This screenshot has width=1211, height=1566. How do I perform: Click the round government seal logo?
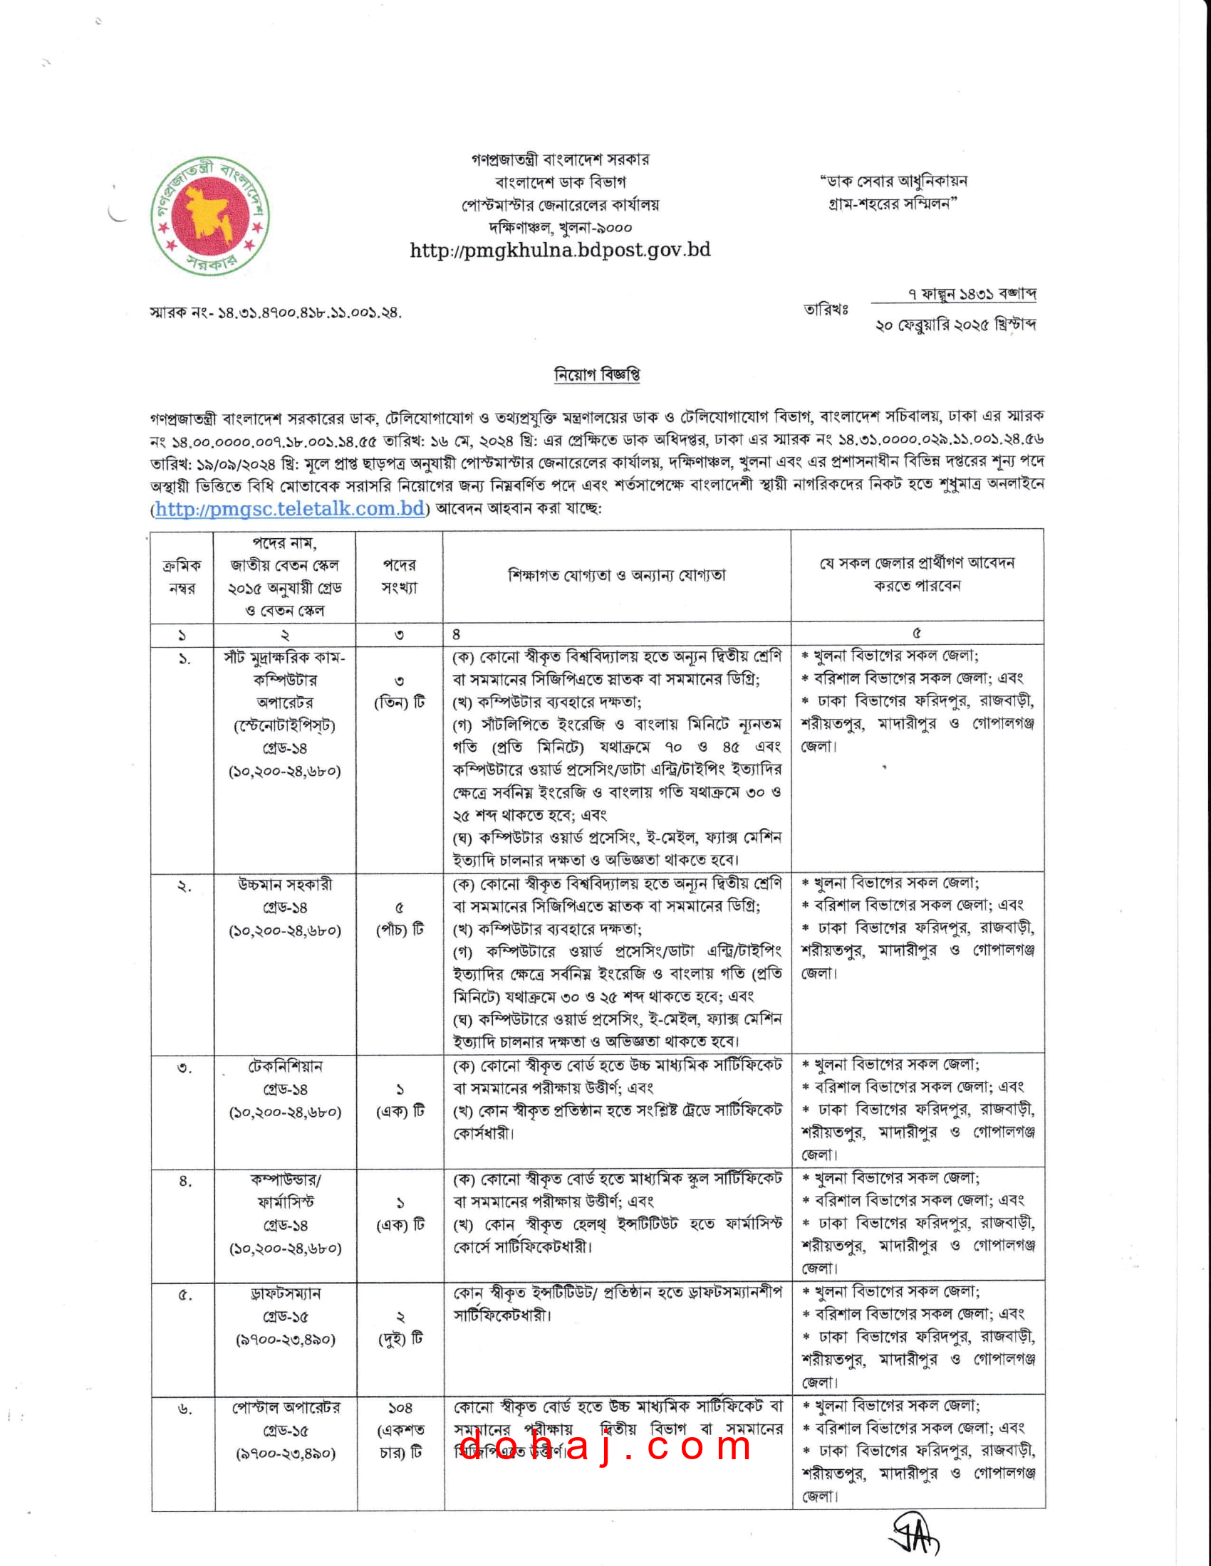(x=209, y=216)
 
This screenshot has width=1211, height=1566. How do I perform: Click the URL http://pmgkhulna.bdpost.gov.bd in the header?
(x=560, y=251)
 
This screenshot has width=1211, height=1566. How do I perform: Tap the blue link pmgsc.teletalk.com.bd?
(x=290, y=509)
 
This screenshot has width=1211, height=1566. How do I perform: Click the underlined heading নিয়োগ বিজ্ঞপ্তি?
(x=597, y=374)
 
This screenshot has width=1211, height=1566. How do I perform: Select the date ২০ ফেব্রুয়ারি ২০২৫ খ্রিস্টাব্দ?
(x=955, y=325)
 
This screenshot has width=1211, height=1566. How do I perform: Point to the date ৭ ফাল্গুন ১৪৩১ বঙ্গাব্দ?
(x=972, y=294)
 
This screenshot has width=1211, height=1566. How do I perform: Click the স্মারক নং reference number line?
(x=276, y=312)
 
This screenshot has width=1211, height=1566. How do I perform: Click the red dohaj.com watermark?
(x=605, y=1445)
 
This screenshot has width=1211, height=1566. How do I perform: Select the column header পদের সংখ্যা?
(x=399, y=576)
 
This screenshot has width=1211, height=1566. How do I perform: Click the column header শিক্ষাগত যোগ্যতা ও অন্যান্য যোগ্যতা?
(x=616, y=575)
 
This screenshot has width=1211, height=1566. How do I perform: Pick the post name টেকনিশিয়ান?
(x=285, y=1066)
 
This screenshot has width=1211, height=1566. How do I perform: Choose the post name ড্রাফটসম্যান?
(x=285, y=1293)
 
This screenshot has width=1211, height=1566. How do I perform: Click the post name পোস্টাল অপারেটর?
(x=285, y=1407)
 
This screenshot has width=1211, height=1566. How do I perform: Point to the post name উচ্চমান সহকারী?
(x=285, y=885)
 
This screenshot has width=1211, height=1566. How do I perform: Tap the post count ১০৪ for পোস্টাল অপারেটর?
(x=400, y=1408)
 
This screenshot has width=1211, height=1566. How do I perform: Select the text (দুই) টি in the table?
(x=400, y=1339)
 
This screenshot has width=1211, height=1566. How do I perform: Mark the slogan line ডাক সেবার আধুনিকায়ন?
(x=894, y=181)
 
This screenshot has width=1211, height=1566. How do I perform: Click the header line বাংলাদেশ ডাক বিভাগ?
(x=560, y=182)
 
